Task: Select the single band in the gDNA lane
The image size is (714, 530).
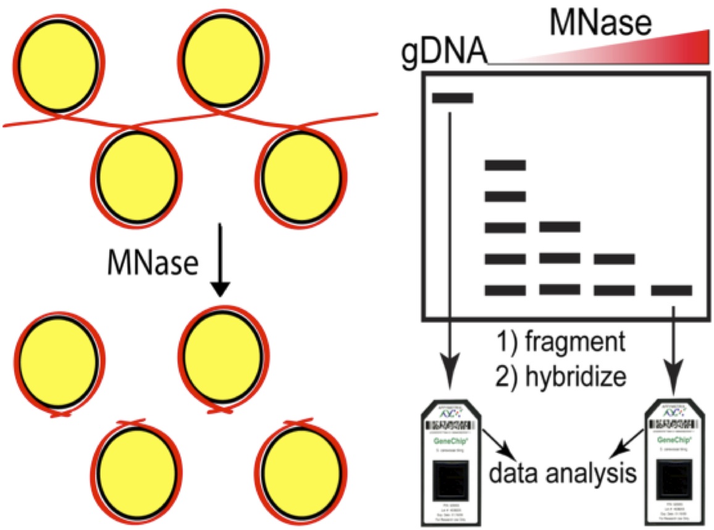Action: tap(453, 98)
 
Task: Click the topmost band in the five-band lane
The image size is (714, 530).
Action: tap(505, 165)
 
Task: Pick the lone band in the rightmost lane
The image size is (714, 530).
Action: tap(671, 290)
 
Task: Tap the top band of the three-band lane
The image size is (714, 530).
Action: tap(560, 227)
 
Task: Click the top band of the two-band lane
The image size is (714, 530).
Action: tap(615, 259)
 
